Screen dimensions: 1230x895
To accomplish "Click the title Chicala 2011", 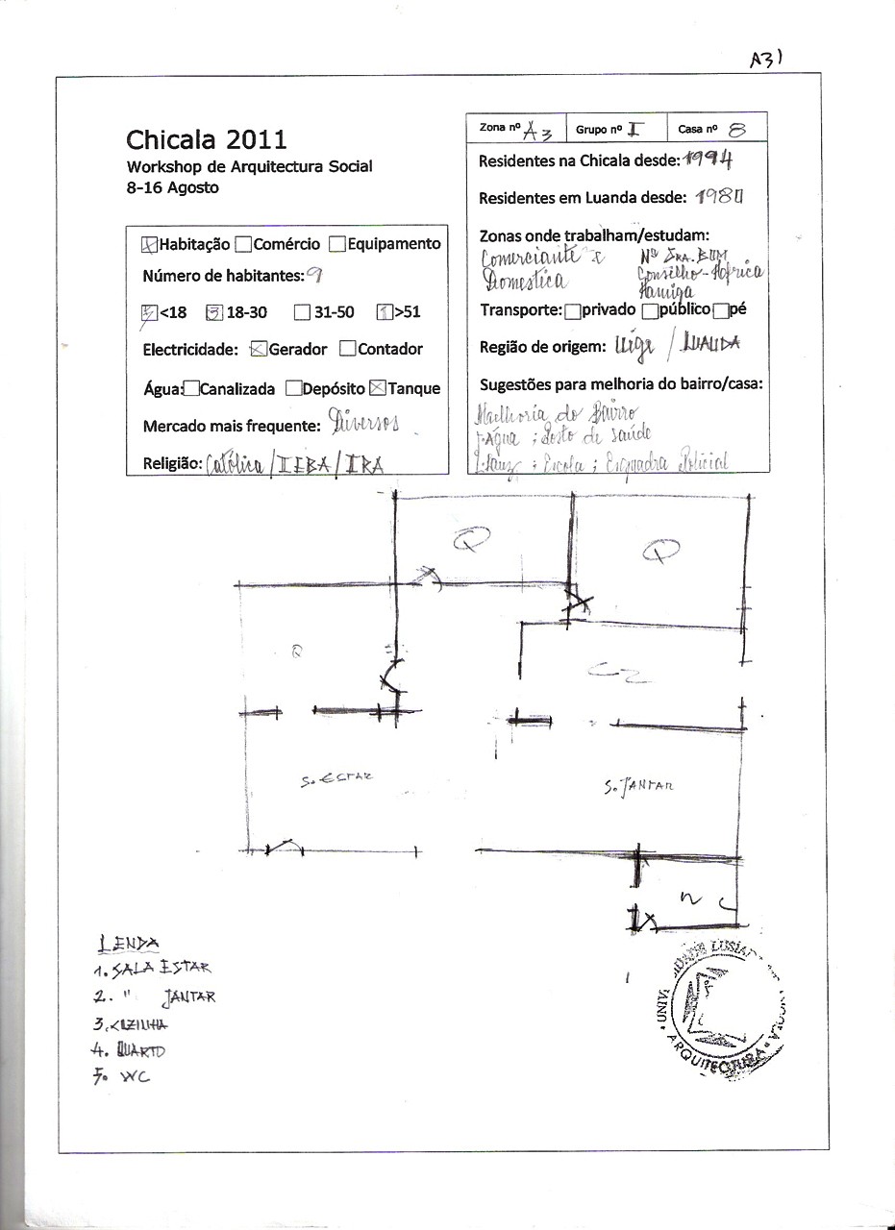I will (207, 140).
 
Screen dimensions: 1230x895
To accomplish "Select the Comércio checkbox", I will (243, 244).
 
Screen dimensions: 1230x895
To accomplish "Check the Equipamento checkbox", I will (337, 244).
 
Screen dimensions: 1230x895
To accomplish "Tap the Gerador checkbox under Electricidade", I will (258, 349).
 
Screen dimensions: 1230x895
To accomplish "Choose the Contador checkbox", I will (348, 349).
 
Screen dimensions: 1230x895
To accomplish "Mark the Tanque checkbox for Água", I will (378, 388).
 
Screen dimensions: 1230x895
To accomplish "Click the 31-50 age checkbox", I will (302, 311).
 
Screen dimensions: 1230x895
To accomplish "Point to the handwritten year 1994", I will (711, 160).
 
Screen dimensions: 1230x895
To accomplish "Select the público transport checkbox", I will (650, 309).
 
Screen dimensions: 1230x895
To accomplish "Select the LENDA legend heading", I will (128, 945).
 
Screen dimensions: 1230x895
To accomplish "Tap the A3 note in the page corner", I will (767, 59).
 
